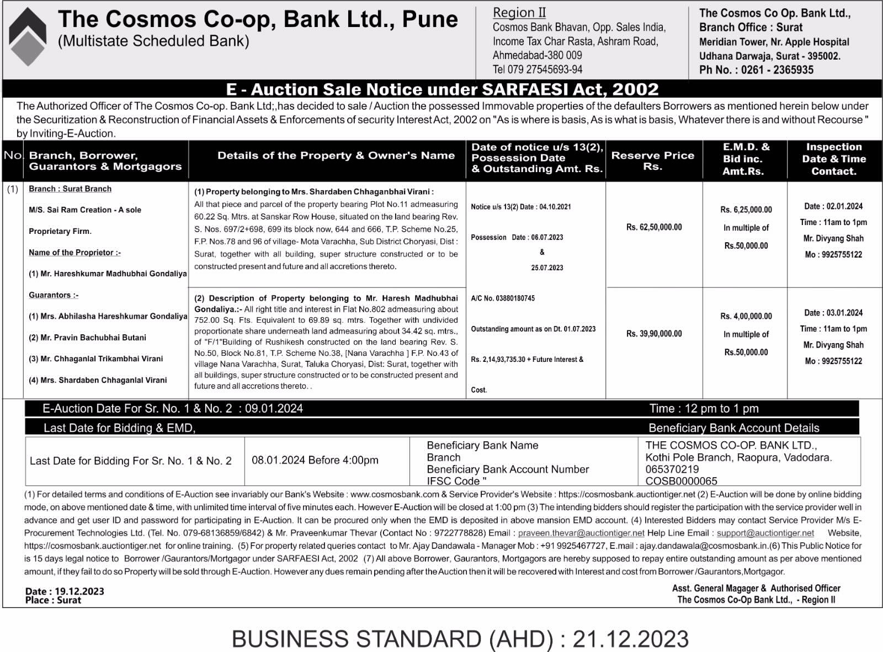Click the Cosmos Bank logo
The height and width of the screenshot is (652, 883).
point(28,38)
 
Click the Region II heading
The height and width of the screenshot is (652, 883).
point(519,12)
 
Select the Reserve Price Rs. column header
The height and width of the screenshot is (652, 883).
point(653,161)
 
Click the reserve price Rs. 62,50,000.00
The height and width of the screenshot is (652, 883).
point(654,227)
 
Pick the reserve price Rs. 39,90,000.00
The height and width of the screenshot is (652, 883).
point(654,333)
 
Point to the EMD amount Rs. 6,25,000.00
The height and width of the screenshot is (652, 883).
point(746,210)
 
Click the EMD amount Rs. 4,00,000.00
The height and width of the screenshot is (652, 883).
point(746,316)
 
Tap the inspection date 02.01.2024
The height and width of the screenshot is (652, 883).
point(844,206)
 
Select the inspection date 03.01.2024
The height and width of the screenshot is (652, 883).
point(844,313)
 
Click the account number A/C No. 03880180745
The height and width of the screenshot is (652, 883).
point(502,298)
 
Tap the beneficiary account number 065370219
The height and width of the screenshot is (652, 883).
point(672,469)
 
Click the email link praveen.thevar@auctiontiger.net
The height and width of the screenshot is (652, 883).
point(581,533)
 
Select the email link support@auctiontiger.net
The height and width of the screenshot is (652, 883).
point(765,533)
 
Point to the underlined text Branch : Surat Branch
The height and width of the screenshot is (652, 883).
point(70,189)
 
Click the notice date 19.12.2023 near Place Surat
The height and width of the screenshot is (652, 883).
point(79,591)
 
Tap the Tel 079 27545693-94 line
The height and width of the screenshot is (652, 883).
point(537,70)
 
